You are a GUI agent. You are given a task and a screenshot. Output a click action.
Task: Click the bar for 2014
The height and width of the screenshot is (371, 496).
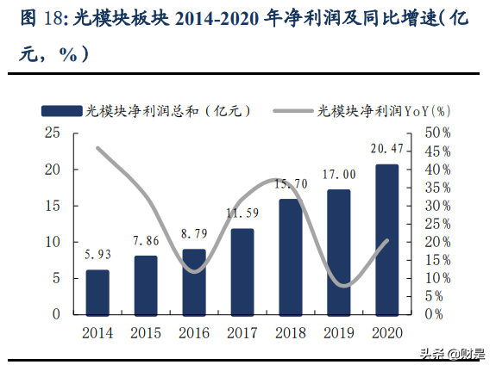[97, 292]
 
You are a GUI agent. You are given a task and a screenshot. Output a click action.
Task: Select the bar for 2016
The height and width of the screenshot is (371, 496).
[194, 281]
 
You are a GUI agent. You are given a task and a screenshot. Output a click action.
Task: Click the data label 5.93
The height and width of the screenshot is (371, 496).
[97, 255]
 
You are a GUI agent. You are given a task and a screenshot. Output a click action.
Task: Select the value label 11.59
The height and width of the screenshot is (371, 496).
[242, 213]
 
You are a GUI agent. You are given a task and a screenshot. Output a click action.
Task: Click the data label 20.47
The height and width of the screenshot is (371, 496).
[387, 149]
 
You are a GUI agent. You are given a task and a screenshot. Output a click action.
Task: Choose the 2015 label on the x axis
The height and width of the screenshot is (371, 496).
[146, 331]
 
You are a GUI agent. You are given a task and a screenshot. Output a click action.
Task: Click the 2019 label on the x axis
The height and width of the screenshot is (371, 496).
[339, 331]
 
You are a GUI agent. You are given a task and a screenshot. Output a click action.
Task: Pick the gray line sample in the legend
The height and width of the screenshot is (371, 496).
[293, 110]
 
